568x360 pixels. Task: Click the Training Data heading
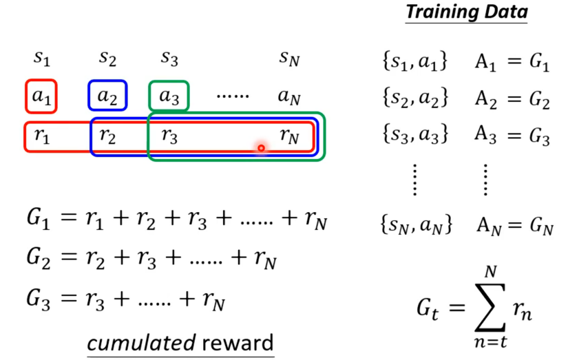coord(467,12)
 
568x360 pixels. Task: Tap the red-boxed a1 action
coord(41,97)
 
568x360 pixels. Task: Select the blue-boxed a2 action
coord(107,97)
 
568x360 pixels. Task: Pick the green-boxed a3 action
coord(168,97)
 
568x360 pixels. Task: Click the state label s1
coord(41,59)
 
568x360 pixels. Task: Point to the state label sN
coord(290,59)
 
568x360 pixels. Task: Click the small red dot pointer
coord(261,147)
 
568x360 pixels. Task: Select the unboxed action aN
coord(290,97)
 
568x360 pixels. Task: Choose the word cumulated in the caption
coord(129,342)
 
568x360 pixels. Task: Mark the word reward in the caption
coord(235,342)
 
